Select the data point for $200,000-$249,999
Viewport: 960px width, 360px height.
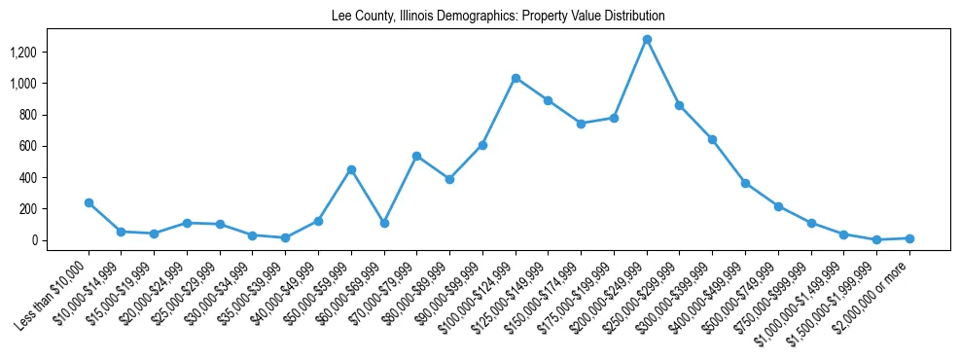647,39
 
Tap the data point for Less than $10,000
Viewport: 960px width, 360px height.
89,202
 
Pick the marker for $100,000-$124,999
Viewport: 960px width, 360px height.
516,78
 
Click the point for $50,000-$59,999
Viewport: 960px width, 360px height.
351,169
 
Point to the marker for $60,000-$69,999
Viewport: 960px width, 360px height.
384,223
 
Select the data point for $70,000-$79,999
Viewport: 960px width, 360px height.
417,156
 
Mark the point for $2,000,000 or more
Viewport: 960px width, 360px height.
909,238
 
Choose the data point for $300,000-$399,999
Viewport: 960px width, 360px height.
712,139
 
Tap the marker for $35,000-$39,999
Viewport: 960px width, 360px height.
285,237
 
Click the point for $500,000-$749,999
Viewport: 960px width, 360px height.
778,206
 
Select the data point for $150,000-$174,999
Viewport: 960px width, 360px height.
581,124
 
